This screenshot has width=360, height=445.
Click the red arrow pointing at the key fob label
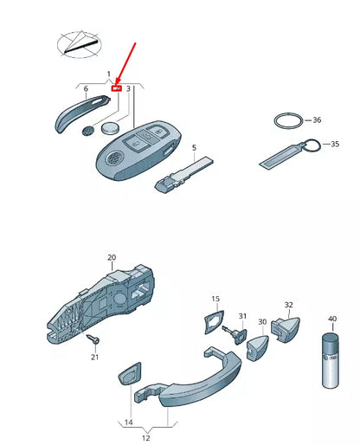pos(127,65)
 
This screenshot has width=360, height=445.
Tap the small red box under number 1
pos(118,87)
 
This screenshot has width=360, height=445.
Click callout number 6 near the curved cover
pos(86,88)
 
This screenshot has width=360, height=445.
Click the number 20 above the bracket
pos(111,257)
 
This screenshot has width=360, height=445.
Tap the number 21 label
pos(95,358)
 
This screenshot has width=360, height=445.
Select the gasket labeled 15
pos(212,321)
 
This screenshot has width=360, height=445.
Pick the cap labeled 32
pos(286,326)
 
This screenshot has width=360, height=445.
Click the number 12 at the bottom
pos(145,437)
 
